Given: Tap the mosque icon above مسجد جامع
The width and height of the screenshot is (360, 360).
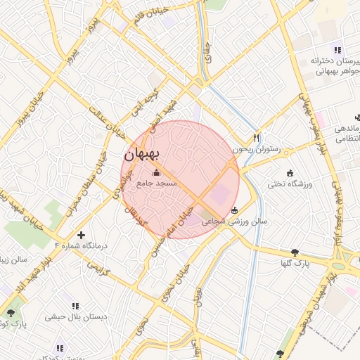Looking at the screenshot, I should click(156, 172).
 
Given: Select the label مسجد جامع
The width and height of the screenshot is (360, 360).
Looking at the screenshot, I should click(156, 184).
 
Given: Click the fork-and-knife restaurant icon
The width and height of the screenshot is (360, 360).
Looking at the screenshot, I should click(257, 138).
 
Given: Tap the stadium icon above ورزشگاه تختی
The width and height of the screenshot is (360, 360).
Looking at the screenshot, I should click(290, 173).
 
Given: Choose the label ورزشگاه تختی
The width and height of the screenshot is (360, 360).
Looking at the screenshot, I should click(290, 184).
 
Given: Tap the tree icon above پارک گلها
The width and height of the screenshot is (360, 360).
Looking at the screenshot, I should click(304, 252).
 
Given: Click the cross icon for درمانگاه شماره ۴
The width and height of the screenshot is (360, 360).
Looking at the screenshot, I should click(82, 235).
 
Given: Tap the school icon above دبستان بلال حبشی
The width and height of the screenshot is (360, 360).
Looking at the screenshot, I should click(76, 306).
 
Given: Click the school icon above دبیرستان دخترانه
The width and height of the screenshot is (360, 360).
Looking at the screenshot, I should click(337, 50).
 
